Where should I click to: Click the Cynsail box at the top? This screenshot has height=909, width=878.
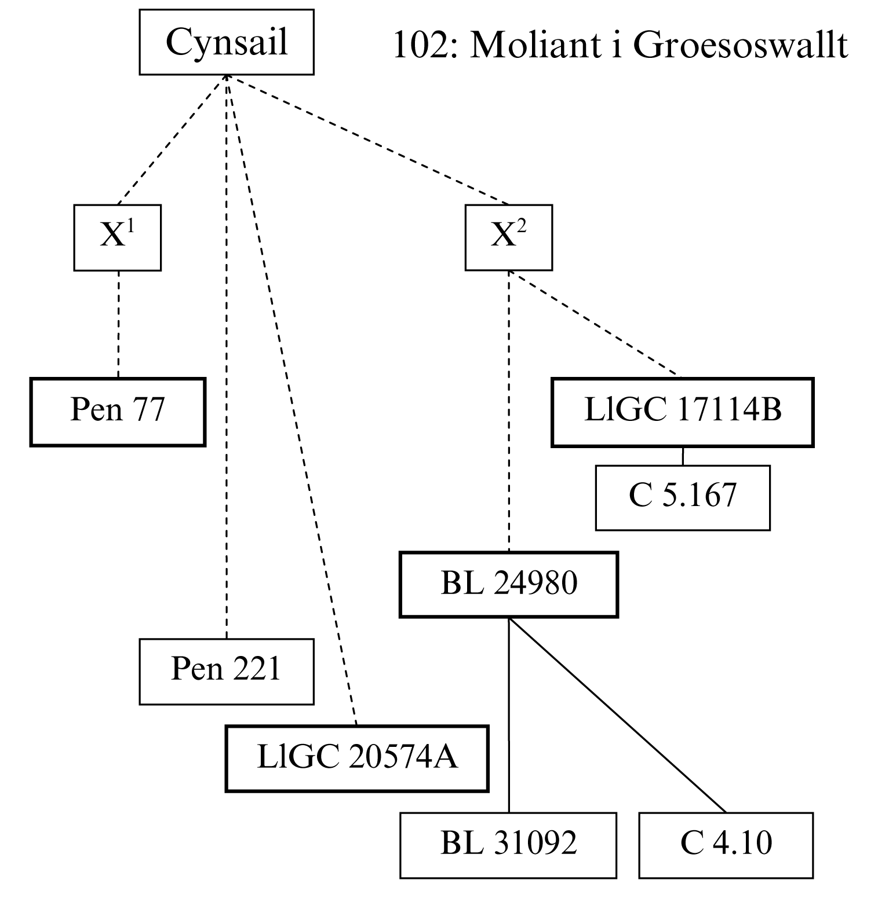[x=227, y=42]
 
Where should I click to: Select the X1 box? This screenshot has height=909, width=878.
[x=118, y=237]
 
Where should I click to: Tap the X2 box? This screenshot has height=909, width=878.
[x=509, y=237]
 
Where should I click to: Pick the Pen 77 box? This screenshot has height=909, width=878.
[x=118, y=412]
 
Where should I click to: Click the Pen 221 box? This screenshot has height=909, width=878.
[x=227, y=672]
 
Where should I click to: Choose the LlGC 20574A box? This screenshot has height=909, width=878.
[x=357, y=758]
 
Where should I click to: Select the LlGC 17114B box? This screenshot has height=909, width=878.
[x=683, y=412]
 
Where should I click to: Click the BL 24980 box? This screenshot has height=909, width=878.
[x=509, y=585]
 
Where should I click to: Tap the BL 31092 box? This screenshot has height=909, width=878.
[x=508, y=845]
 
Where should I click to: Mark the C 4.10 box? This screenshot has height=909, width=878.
[x=726, y=845]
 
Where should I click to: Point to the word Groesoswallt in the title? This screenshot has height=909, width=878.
[x=740, y=45]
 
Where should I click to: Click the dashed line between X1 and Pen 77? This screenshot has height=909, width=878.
[x=118, y=324]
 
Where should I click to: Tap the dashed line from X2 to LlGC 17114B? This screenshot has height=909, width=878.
[x=592, y=324]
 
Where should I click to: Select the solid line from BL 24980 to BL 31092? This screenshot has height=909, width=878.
[x=509, y=715]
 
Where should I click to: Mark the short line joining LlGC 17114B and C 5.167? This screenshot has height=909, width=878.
[x=683, y=456]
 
